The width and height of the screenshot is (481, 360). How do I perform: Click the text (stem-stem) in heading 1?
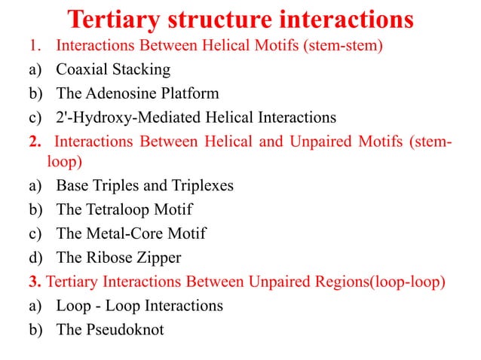(x=345, y=46)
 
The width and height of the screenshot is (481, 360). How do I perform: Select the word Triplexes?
(x=197, y=186)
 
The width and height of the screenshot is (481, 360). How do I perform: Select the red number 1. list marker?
(x=32, y=46)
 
